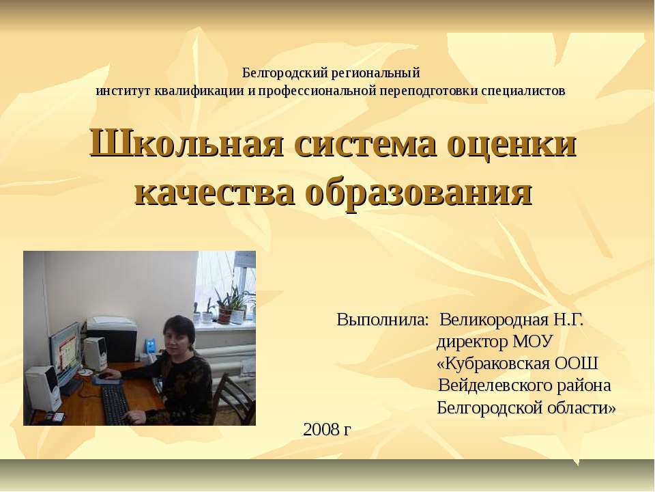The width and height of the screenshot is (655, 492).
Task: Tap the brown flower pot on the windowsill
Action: (224, 314)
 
